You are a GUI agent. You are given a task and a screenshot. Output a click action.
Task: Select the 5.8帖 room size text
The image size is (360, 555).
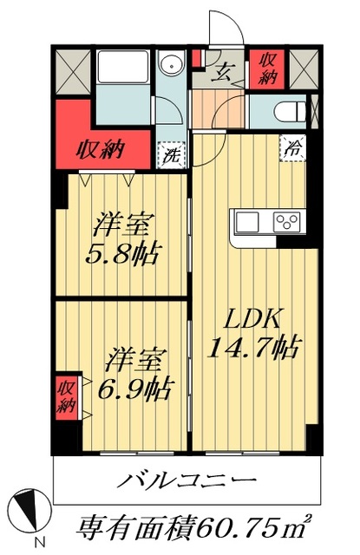tap(124, 256)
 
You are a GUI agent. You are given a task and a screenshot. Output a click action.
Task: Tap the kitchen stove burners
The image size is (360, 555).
tap(286, 221)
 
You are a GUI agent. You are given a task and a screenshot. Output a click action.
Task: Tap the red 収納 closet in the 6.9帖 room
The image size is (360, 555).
tap(67, 395)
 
